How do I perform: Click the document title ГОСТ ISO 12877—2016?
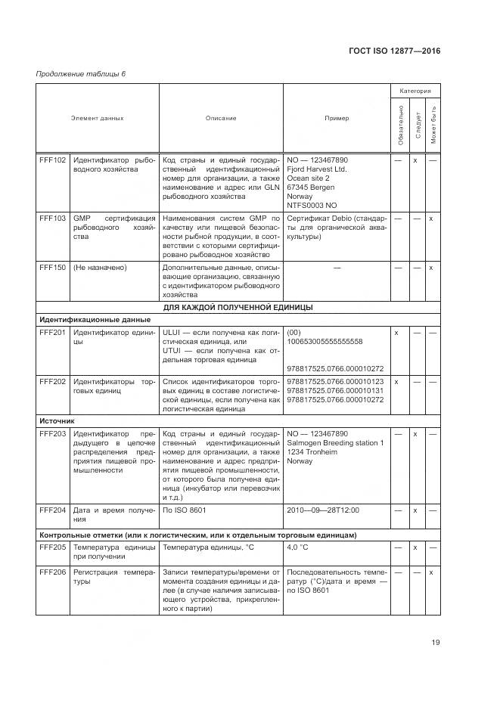[394, 51]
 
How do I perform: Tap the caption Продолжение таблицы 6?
[81, 73]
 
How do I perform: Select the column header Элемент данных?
[98, 118]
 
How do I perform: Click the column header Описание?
[221, 118]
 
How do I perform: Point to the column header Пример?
[337, 118]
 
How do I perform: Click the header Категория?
[415, 91]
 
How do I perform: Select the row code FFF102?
[53, 160]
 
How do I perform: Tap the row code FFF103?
[53, 218]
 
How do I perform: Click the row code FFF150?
[53, 268]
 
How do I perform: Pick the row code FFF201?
[53, 333]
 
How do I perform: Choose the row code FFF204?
[53, 510]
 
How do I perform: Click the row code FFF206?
[53, 572]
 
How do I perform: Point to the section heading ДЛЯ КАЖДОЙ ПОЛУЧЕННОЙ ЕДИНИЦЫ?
[238, 307]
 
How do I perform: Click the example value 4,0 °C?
[304, 547]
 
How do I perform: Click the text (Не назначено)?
[100, 268]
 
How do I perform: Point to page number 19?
[436, 643]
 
